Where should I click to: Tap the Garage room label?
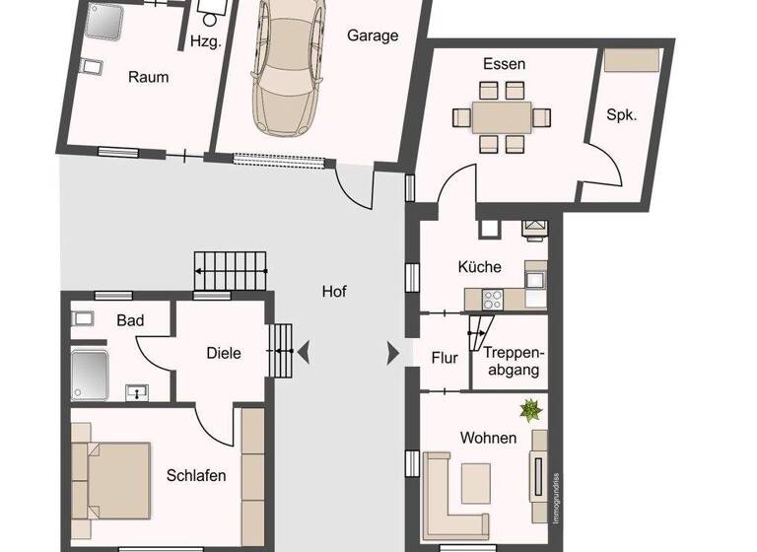click(x=373, y=35)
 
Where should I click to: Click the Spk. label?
click(x=621, y=114)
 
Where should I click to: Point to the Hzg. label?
click(x=205, y=41)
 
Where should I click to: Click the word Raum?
click(x=148, y=77)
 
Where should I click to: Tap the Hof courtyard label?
click(x=334, y=292)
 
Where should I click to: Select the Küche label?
click(x=480, y=267)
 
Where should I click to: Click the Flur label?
click(x=445, y=358)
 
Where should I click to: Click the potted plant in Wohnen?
click(x=530, y=407)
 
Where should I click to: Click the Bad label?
click(x=130, y=320)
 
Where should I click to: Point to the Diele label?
click(x=224, y=354)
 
